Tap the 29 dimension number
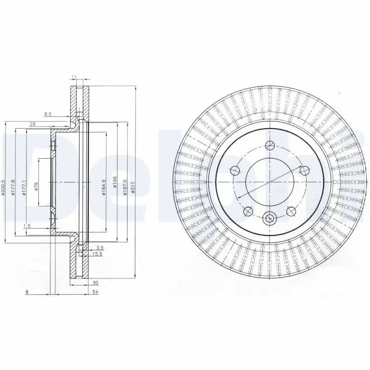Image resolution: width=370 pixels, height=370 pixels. point(33,124)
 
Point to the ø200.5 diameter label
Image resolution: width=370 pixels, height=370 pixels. point(4,187)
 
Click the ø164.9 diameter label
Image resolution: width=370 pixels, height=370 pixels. point(104,187)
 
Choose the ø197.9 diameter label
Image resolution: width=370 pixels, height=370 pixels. point(125,187)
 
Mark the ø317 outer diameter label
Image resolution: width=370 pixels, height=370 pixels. point(133,188)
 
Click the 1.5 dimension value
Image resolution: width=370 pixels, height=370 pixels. point(27,226)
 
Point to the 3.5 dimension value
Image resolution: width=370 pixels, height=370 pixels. point(99,248)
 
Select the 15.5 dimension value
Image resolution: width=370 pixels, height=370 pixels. point(97,254)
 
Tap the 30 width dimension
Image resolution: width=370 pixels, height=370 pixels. point(95,283)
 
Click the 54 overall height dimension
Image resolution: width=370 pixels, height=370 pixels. point(96,292)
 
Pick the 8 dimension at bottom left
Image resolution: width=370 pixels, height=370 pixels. point(27,292)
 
